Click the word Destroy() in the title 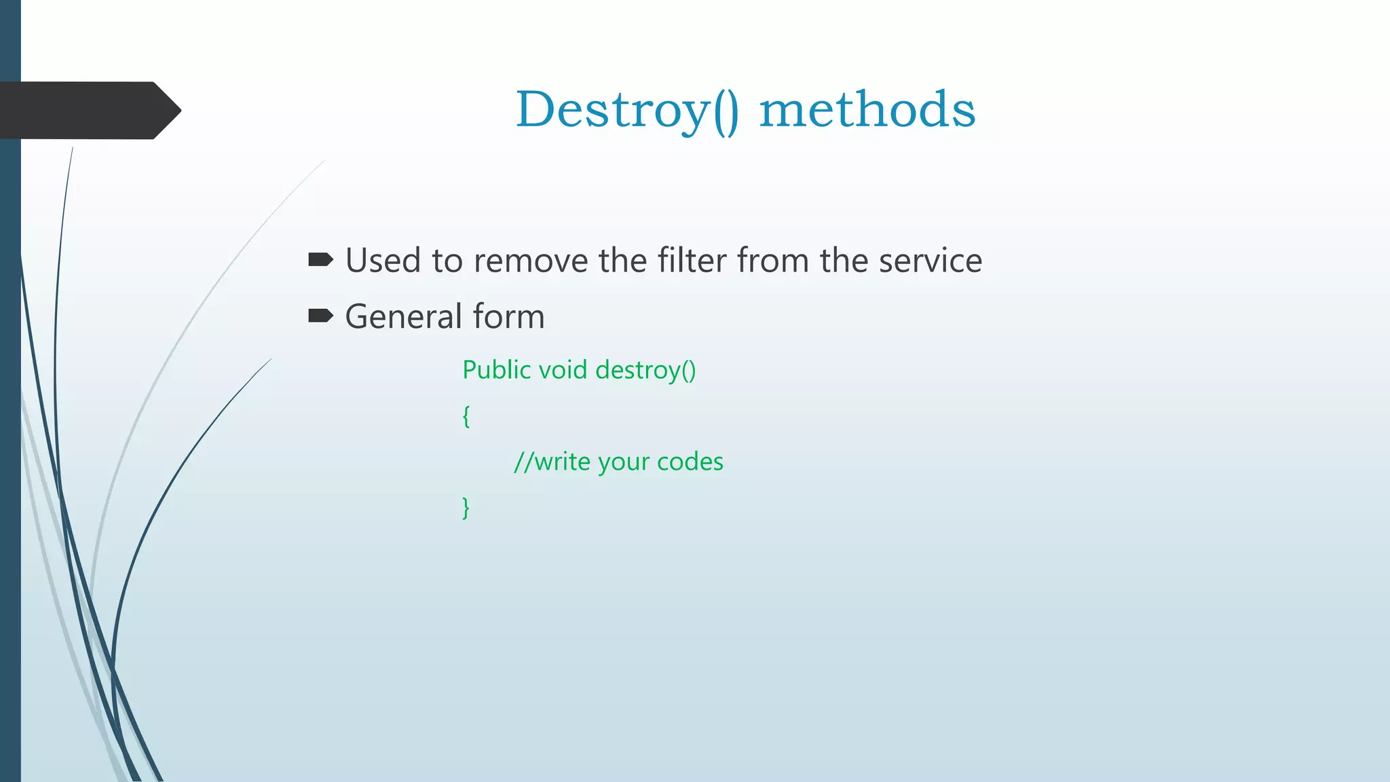627,110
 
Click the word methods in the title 867,110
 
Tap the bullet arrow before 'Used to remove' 320,259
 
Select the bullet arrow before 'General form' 320,316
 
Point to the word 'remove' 531,261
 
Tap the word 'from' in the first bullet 772,261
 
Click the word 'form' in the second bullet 508,317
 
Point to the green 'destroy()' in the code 645,371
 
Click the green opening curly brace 466,416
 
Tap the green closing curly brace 466,507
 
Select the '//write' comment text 552,462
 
